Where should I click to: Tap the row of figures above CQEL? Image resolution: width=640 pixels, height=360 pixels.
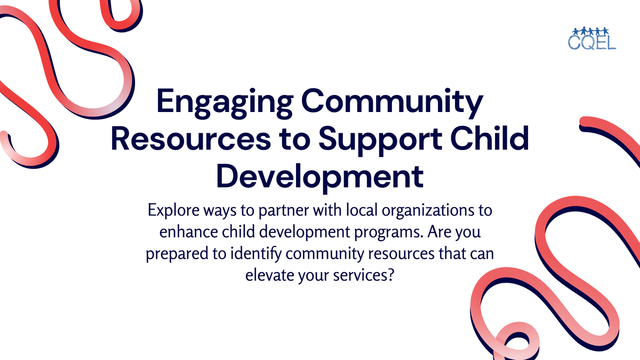592,29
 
